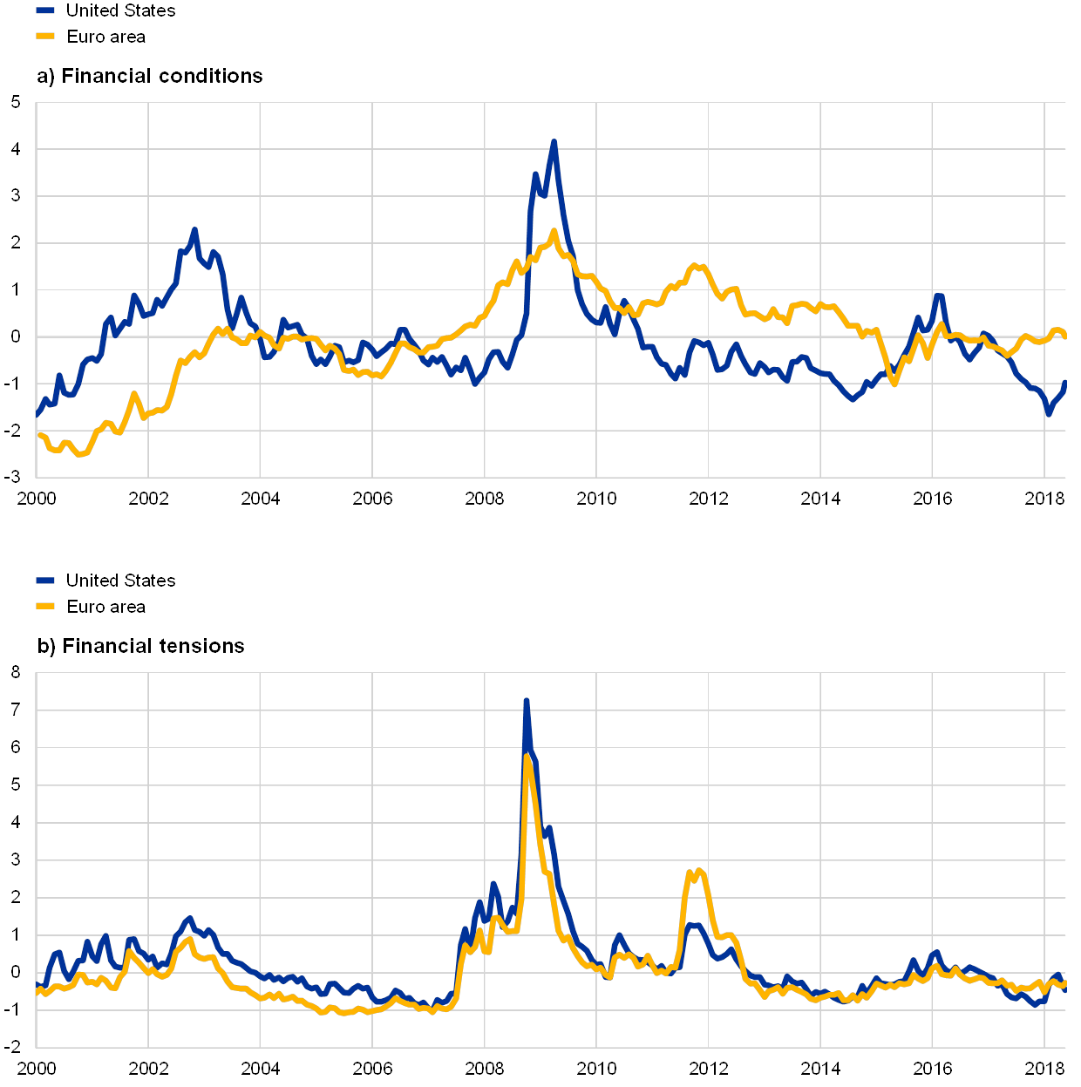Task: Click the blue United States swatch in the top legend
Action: pyautogui.click(x=45, y=10)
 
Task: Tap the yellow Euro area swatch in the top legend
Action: pyautogui.click(x=45, y=37)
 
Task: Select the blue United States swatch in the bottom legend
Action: pyautogui.click(x=45, y=581)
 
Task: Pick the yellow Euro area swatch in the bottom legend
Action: pyautogui.click(x=45, y=607)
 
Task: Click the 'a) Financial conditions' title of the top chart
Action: pyautogui.click(x=149, y=77)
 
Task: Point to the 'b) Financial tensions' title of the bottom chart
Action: pyautogui.click(x=140, y=647)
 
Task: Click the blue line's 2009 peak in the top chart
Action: pyautogui.click(x=554, y=142)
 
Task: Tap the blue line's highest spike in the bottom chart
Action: pyautogui.click(x=526, y=701)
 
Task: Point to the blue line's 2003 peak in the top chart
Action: pyautogui.click(x=194, y=230)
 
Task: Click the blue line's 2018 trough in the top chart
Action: pyautogui.click(x=1049, y=414)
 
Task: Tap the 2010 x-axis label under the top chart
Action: pyautogui.click(x=596, y=499)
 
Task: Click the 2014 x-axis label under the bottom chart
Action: pyautogui.click(x=820, y=1069)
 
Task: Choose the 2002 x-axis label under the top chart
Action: pyautogui.click(x=148, y=499)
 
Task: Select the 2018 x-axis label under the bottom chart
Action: pyautogui.click(x=1045, y=1069)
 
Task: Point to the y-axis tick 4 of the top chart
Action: pyautogui.click(x=15, y=150)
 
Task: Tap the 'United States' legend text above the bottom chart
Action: pyautogui.click(x=121, y=581)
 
